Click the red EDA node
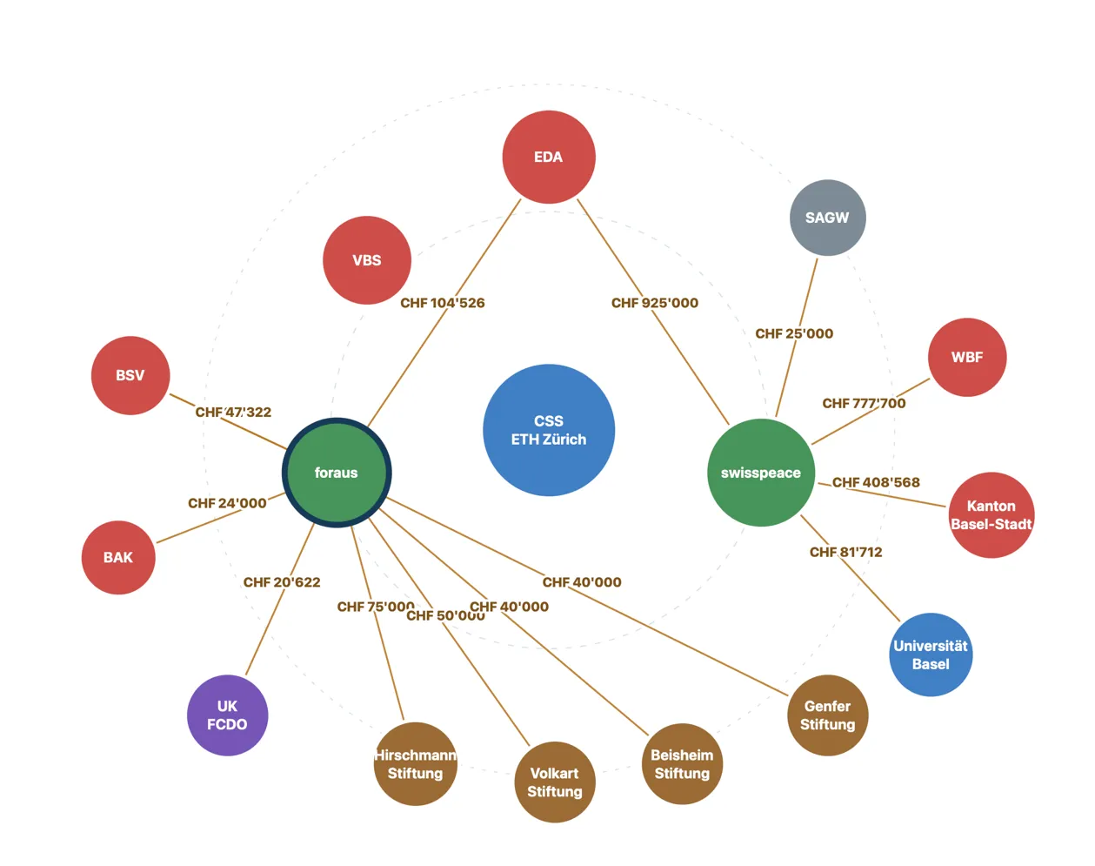click(x=549, y=157)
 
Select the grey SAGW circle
click(x=827, y=218)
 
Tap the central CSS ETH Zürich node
click(x=549, y=430)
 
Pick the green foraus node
click(x=337, y=473)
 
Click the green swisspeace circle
click(x=761, y=473)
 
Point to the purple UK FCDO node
click(x=228, y=715)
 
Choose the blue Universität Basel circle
click(x=931, y=655)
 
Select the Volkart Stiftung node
click(x=555, y=782)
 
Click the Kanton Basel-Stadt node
click(x=992, y=514)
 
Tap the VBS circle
click(x=367, y=260)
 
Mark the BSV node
click(x=130, y=375)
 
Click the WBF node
click(x=967, y=357)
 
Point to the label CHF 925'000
click(x=654, y=303)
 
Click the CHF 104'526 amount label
click(x=442, y=303)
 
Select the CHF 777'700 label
click(x=864, y=403)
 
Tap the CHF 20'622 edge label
click(x=282, y=582)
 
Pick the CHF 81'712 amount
click(x=845, y=552)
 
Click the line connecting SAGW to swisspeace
click(x=797, y=338)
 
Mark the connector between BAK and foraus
click(x=220, y=518)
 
